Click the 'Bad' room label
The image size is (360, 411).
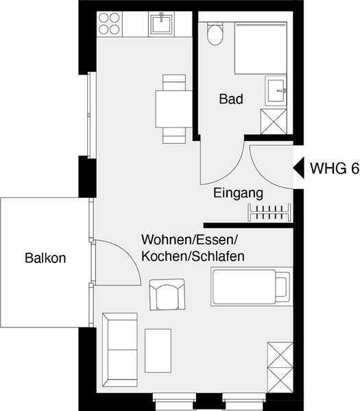click(231, 99)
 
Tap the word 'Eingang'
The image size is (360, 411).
click(238, 193)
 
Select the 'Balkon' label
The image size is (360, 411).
click(45, 258)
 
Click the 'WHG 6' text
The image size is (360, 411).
click(335, 168)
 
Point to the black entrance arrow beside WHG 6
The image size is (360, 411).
click(298, 168)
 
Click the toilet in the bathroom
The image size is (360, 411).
click(215, 34)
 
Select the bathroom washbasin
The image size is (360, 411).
click(276, 91)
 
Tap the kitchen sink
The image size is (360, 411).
click(161, 24)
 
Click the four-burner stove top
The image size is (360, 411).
click(110, 24)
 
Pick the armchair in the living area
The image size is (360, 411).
click(167, 295)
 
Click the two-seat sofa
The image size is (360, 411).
click(120, 349)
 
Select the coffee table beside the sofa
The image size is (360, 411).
click(158, 351)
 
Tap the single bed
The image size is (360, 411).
click(252, 286)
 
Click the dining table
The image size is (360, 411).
click(174, 109)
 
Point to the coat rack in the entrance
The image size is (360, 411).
click(269, 212)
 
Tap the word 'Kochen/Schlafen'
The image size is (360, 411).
click(193, 257)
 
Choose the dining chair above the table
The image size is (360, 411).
click(174, 82)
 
